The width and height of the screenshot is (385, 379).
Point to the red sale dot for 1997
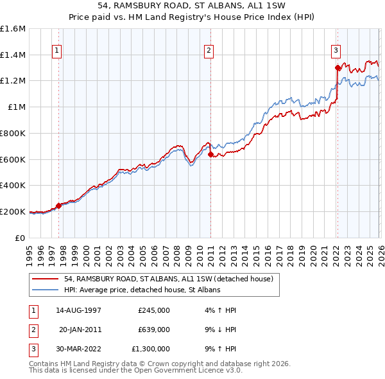tap(58, 206)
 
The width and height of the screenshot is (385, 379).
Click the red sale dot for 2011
tap(210, 154)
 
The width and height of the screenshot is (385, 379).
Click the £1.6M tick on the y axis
tap(13, 29)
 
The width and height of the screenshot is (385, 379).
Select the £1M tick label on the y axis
tap(16, 107)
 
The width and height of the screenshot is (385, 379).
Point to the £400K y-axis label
tap(13, 186)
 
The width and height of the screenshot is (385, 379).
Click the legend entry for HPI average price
tap(142, 290)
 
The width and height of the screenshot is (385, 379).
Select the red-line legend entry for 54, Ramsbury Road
tap(169, 279)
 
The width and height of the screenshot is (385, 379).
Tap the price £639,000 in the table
tap(154, 330)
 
